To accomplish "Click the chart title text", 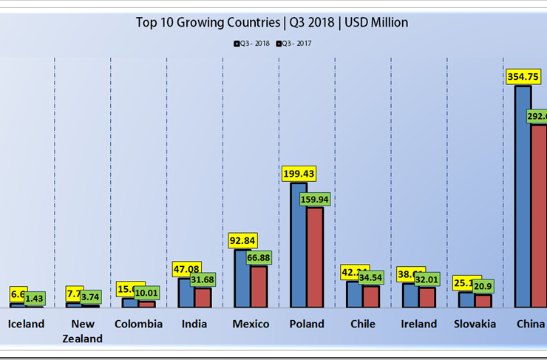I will click(272, 22).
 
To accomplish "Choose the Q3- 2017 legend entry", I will click(295, 44).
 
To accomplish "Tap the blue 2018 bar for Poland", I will click(299, 244).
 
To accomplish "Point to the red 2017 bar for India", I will click(203, 297).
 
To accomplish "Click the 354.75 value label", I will click(523, 76).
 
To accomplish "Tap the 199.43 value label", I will click(299, 174).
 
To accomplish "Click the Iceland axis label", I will click(26, 324).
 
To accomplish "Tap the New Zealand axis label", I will click(83, 331).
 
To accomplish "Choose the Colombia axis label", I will click(138, 324).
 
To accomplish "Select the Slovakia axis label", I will click(475, 324).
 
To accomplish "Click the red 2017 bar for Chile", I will click(371, 296).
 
